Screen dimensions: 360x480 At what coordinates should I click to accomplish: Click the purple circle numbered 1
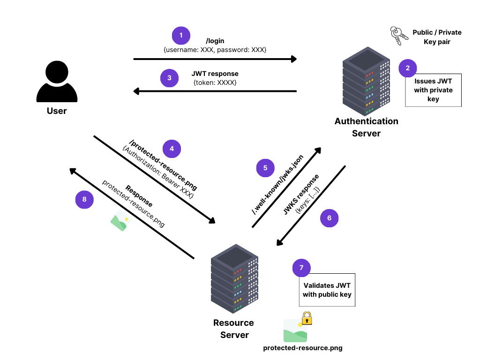pyautogui.click(x=181, y=36)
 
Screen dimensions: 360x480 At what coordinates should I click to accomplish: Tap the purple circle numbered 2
pyautogui.click(x=408, y=68)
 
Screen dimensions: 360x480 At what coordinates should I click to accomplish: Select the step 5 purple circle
pyautogui.click(x=265, y=168)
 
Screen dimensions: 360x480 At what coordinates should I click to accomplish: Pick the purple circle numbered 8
pyautogui.click(x=84, y=199)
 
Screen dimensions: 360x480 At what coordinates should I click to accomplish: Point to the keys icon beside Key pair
pyautogui.click(x=396, y=36)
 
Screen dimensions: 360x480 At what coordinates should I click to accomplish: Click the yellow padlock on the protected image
pyautogui.click(x=307, y=318)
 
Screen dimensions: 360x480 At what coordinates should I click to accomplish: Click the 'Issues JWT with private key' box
pyautogui.click(x=433, y=90)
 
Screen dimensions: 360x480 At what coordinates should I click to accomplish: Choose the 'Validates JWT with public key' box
pyautogui.click(x=327, y=290)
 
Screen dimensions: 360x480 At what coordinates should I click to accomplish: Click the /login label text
pyautogui.click(x=215, y=41)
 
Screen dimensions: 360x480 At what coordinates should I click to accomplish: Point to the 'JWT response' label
pyautogui.click(x=215, y=74)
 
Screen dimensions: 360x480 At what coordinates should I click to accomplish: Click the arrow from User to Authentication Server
pyautogui.click(x=215, y=59)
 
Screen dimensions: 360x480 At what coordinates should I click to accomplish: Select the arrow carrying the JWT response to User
pyautogui.click(x=215, y=91)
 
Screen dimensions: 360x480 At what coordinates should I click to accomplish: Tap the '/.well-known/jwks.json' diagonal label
pyautogui.click(x=277, y=184)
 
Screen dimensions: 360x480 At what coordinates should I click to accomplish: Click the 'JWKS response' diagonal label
pyautogui.click(x=301, y=194)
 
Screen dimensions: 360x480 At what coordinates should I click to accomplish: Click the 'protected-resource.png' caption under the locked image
pyautogui.click(x=302, y=348)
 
